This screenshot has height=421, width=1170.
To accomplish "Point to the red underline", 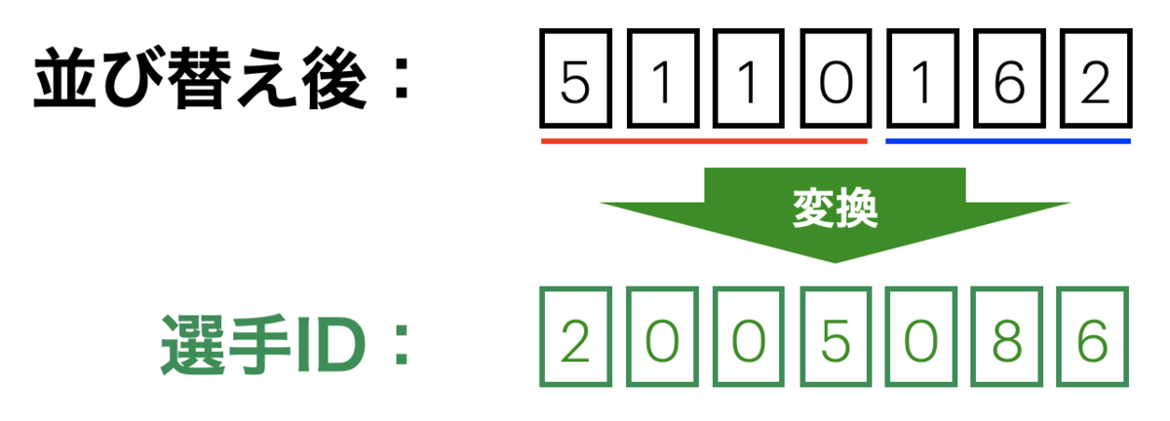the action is [x=704, y=141].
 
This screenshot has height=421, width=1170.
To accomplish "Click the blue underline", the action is [x=1007, y=141].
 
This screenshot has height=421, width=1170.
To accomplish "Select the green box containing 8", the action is [x=1008, y=336].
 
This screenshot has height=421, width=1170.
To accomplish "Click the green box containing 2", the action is [x=575, y=336].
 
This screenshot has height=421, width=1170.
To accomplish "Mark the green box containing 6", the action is [x=1095, y=336].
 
